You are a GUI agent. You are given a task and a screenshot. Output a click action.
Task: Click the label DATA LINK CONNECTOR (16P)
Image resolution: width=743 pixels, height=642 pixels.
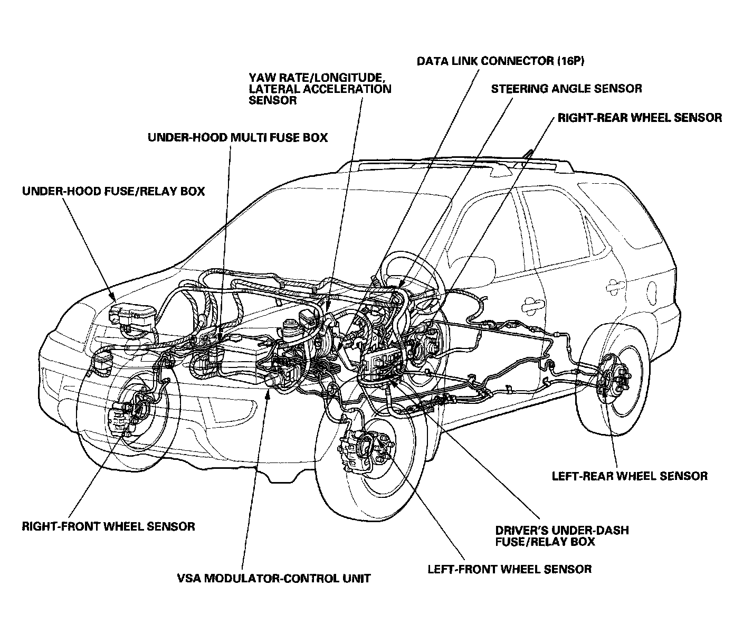pos(500,61)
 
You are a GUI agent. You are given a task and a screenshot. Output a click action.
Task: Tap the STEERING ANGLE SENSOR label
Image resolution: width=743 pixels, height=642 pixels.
pos(566,89)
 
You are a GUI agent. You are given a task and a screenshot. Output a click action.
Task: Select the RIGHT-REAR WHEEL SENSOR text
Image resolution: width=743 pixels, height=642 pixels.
pos(640,118)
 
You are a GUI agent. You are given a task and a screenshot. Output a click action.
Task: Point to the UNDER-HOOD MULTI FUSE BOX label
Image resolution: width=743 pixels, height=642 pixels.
pos(237,138)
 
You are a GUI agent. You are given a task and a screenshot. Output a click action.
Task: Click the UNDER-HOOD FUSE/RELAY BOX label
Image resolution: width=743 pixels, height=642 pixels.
pos(113,191)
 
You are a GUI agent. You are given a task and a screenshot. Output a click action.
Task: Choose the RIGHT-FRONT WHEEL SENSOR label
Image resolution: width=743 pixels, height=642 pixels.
pos(108,526)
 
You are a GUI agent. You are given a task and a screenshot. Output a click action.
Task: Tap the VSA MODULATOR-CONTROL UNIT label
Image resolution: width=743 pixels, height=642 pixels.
pos(274,578)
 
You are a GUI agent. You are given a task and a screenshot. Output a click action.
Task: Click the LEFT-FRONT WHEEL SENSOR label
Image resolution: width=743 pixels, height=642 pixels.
pos(509,569)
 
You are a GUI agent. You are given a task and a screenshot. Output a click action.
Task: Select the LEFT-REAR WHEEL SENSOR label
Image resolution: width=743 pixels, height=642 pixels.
pos(630,476)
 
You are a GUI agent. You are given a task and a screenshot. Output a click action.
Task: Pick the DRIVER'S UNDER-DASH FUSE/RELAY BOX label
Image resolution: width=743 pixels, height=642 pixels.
pos(561,536)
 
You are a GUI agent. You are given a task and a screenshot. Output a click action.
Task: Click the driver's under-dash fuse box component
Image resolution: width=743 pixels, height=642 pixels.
pos(382,363)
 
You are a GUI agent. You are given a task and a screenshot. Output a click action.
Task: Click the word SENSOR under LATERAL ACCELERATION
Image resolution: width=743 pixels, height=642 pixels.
pos(272,100)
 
